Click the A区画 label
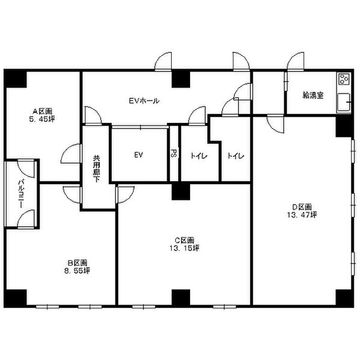click(42, 112)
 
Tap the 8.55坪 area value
click(77, 271)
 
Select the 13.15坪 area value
click(184, 248)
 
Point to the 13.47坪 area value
click(302, 215)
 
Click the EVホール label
click(144, 101)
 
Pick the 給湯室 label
click(313, 95)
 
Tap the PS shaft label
click(174, 154)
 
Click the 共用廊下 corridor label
click(97, 169)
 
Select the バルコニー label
click(22, 194)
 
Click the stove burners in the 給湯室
click(344, 79)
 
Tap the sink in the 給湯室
click(344, 102)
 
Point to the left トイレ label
click(199, 156)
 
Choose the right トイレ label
click(236, 156)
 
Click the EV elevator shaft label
click(139, 155)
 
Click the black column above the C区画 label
click(181, 191)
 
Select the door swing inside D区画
click(276, 124)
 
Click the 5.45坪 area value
click(42, 119)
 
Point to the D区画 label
click(302, 207)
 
